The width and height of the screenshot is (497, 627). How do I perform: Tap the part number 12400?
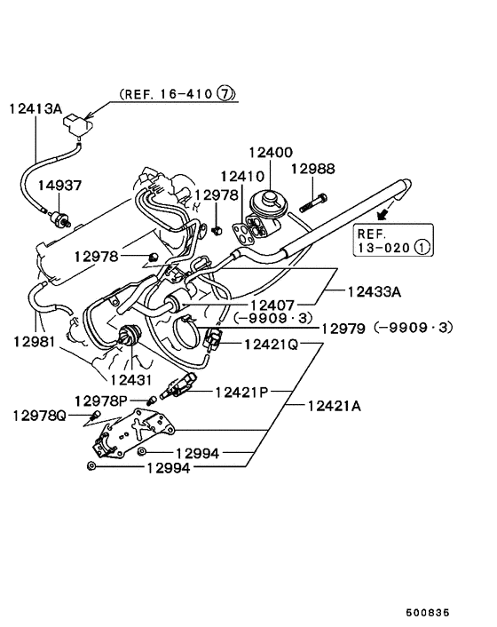coord(270,154)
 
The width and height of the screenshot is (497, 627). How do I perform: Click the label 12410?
coord(242,176)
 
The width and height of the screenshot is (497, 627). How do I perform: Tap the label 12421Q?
coord(270,344)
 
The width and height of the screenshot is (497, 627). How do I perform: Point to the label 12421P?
coord(241,391)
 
